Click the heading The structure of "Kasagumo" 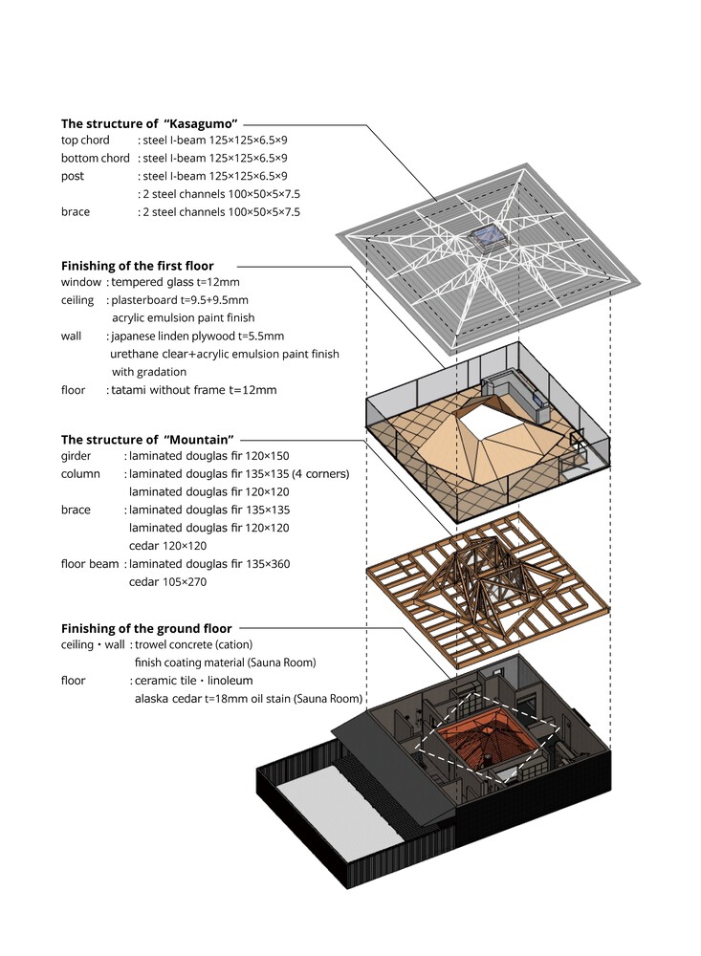(149, 123)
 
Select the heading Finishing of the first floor (138, 266)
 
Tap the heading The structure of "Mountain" (147, 440)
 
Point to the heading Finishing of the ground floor (146, 629)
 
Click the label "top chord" (85, 141)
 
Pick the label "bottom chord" (96, 158)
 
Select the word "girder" (76, 456)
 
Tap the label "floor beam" (90, 564)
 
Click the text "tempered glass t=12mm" (175, 282)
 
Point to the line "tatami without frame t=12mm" (194, 390)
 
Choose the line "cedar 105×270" (167, 582)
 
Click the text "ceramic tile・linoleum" (193, 681)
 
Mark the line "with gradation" (149, 372)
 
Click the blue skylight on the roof (487, 237)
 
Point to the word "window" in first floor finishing (81, 282)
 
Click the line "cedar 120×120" (167, 546)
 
